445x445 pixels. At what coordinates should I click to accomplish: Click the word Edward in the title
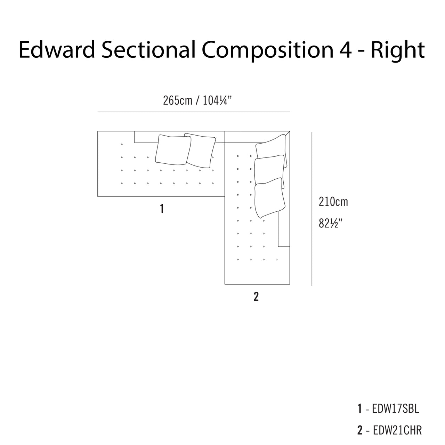[x=57, y=49]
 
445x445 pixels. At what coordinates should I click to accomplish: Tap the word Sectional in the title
[x=148, y=49]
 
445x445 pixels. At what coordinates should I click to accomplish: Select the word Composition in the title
[x=268, y=51]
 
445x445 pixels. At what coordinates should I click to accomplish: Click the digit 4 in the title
[x=346, y=50]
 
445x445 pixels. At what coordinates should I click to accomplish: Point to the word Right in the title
[x=398, y=51]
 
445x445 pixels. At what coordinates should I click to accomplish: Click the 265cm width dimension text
[x=177, y=100]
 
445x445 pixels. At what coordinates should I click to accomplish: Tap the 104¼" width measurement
[x=217, y=100]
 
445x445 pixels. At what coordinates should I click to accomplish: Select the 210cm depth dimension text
[x=333, y=202]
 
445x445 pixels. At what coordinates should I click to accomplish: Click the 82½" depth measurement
[x=330, y=223]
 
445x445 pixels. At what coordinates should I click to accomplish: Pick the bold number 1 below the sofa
[x=162, y=209]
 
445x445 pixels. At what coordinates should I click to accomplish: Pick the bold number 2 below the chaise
[x=256, y=297]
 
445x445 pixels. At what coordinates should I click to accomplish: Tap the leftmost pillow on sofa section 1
[x=173, y=150]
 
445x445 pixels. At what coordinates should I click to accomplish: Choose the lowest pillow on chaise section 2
[x=269, y=198]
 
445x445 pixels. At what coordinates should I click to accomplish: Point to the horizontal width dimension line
[x=194, y=112]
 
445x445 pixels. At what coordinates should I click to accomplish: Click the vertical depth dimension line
[x=312, y=209]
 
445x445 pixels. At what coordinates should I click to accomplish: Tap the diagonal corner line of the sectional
[x=287, y=133]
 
